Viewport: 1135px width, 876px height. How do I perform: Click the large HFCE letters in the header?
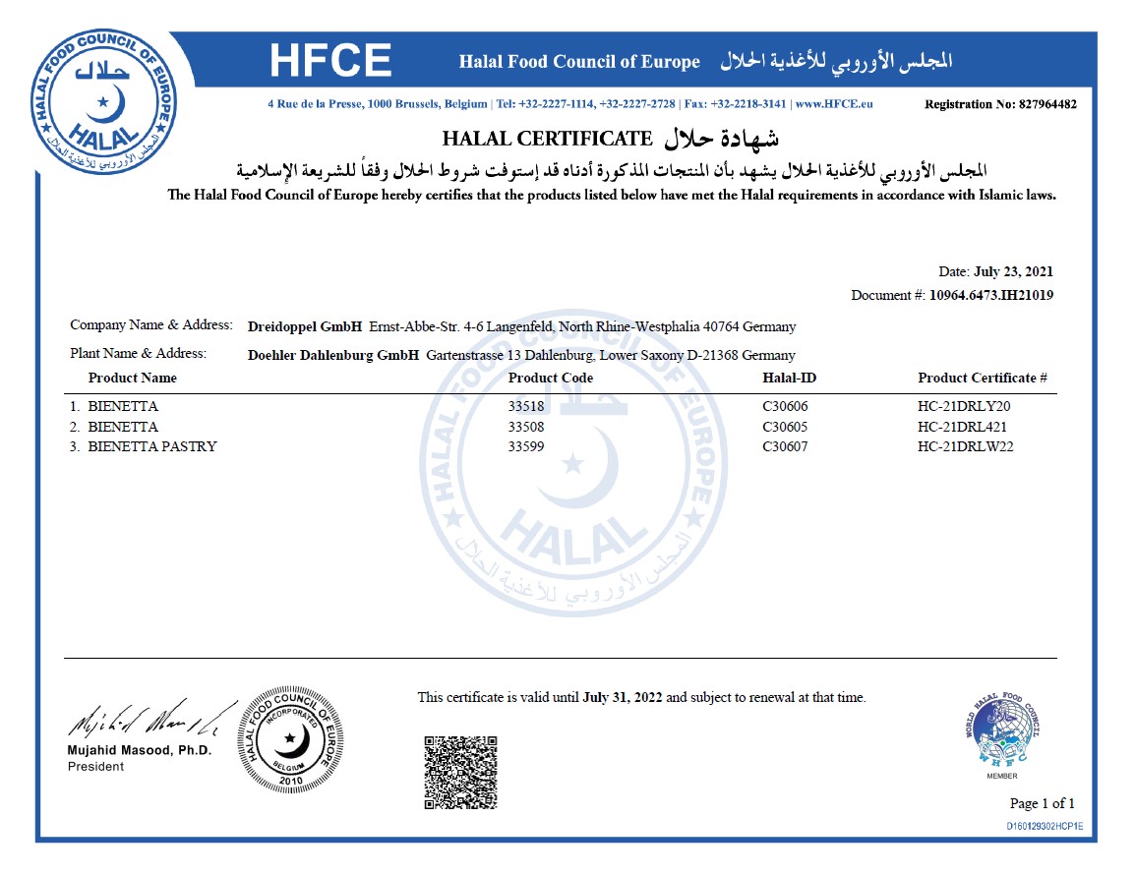point(330,61)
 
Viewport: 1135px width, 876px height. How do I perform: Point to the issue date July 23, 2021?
point(1014,271)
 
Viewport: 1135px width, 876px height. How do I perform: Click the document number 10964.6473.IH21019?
point(991,294)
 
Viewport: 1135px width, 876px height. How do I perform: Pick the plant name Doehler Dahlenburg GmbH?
point(334,355)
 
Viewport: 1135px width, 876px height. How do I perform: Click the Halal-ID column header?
point(789,378)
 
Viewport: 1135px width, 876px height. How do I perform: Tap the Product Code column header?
point(551,378)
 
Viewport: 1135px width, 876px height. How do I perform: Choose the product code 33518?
point(526,406)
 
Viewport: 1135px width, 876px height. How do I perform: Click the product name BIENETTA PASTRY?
point(151,446)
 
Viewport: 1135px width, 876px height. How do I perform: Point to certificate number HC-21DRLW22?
point(966,446)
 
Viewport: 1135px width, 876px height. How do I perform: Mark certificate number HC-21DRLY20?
point(964,406)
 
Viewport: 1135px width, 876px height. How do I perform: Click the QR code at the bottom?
point(460,772)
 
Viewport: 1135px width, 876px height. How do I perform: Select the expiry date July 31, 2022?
point(623,698)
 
